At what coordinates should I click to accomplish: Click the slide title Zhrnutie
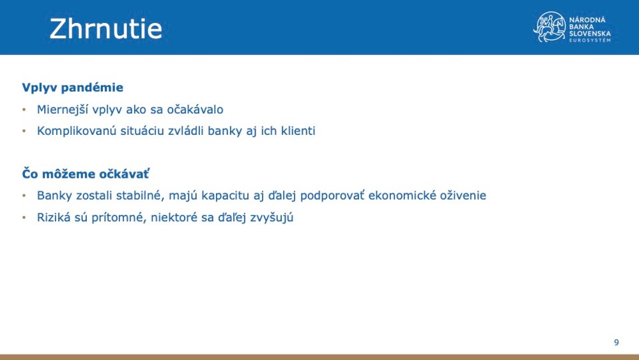106,29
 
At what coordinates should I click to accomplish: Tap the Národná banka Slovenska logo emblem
550,27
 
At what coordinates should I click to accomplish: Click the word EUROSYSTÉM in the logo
590,40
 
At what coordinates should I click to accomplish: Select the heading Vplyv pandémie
72,88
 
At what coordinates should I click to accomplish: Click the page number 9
617,343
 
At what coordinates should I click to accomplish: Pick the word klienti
296,131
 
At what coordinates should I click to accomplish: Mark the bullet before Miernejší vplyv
24,109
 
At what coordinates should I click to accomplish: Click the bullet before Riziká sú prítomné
24,217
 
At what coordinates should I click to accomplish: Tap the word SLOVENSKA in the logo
590,33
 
